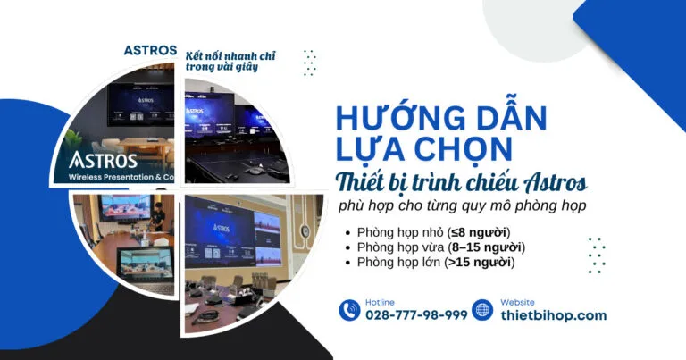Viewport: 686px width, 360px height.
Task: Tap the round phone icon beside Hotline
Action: point(349,310)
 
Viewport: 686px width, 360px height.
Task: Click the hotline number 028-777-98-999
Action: point(416,315)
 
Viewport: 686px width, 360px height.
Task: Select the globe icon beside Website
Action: point(483,310)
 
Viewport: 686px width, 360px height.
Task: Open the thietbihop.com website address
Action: point(553,315)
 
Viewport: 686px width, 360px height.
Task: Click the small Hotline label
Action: point(380,302)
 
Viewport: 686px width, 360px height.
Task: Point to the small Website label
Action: point(518,302)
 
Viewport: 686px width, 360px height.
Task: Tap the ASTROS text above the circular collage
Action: point(150,50)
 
